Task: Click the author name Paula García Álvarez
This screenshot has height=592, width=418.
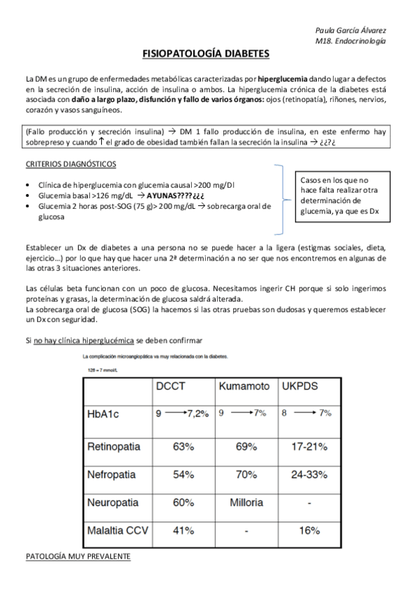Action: (352, 31)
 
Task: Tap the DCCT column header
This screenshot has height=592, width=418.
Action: (171, 385)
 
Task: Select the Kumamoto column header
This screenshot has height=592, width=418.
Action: (244, 385)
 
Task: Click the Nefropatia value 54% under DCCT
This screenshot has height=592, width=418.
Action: (182, 474)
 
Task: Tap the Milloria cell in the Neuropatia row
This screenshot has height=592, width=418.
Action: (244, 502)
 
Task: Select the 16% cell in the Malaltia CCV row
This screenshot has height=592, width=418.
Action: (309, 531)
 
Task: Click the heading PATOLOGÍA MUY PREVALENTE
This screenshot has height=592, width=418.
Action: (77, 557)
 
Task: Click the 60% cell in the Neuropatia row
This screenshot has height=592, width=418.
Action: (182, 502)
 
